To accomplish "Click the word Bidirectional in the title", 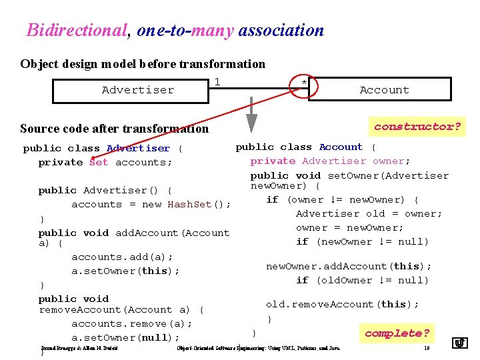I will (76, 30).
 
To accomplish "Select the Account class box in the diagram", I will (384, 90).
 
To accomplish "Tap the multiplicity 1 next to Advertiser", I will (217, 81).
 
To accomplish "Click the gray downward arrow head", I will (251, 123).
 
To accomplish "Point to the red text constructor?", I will (417, 126).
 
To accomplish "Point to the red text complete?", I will (397, 333).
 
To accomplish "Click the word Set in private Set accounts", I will (98, 162).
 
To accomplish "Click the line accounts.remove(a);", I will (131, 323).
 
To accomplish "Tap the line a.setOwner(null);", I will (126, 337).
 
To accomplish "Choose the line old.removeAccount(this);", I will (342, 304).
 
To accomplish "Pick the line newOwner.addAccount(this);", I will (349, 266).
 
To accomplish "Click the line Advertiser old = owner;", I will (369, 213).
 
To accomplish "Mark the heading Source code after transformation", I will (114, 129).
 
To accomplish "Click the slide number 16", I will (426, 348).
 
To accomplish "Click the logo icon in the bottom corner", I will (460, 343).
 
